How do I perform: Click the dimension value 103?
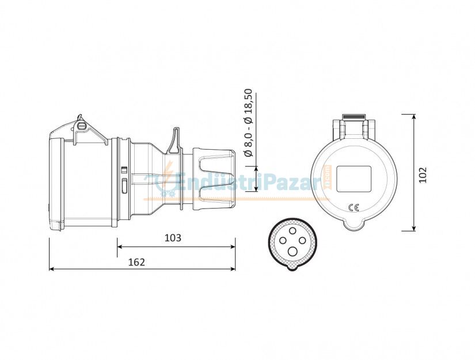pos(173,238)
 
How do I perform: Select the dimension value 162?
pos(136,262)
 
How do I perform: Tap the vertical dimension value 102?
pos(423,175)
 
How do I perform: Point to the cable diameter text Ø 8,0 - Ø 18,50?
pos(248,123)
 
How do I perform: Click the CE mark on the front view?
pos(354,207)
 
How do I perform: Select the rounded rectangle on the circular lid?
pos(354,179)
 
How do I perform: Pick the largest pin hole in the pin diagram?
pos(293,252)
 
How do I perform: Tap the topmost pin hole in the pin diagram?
pos(292,231)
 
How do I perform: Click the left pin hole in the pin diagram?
pos(283,241)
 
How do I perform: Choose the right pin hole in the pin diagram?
pos(302,241)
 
